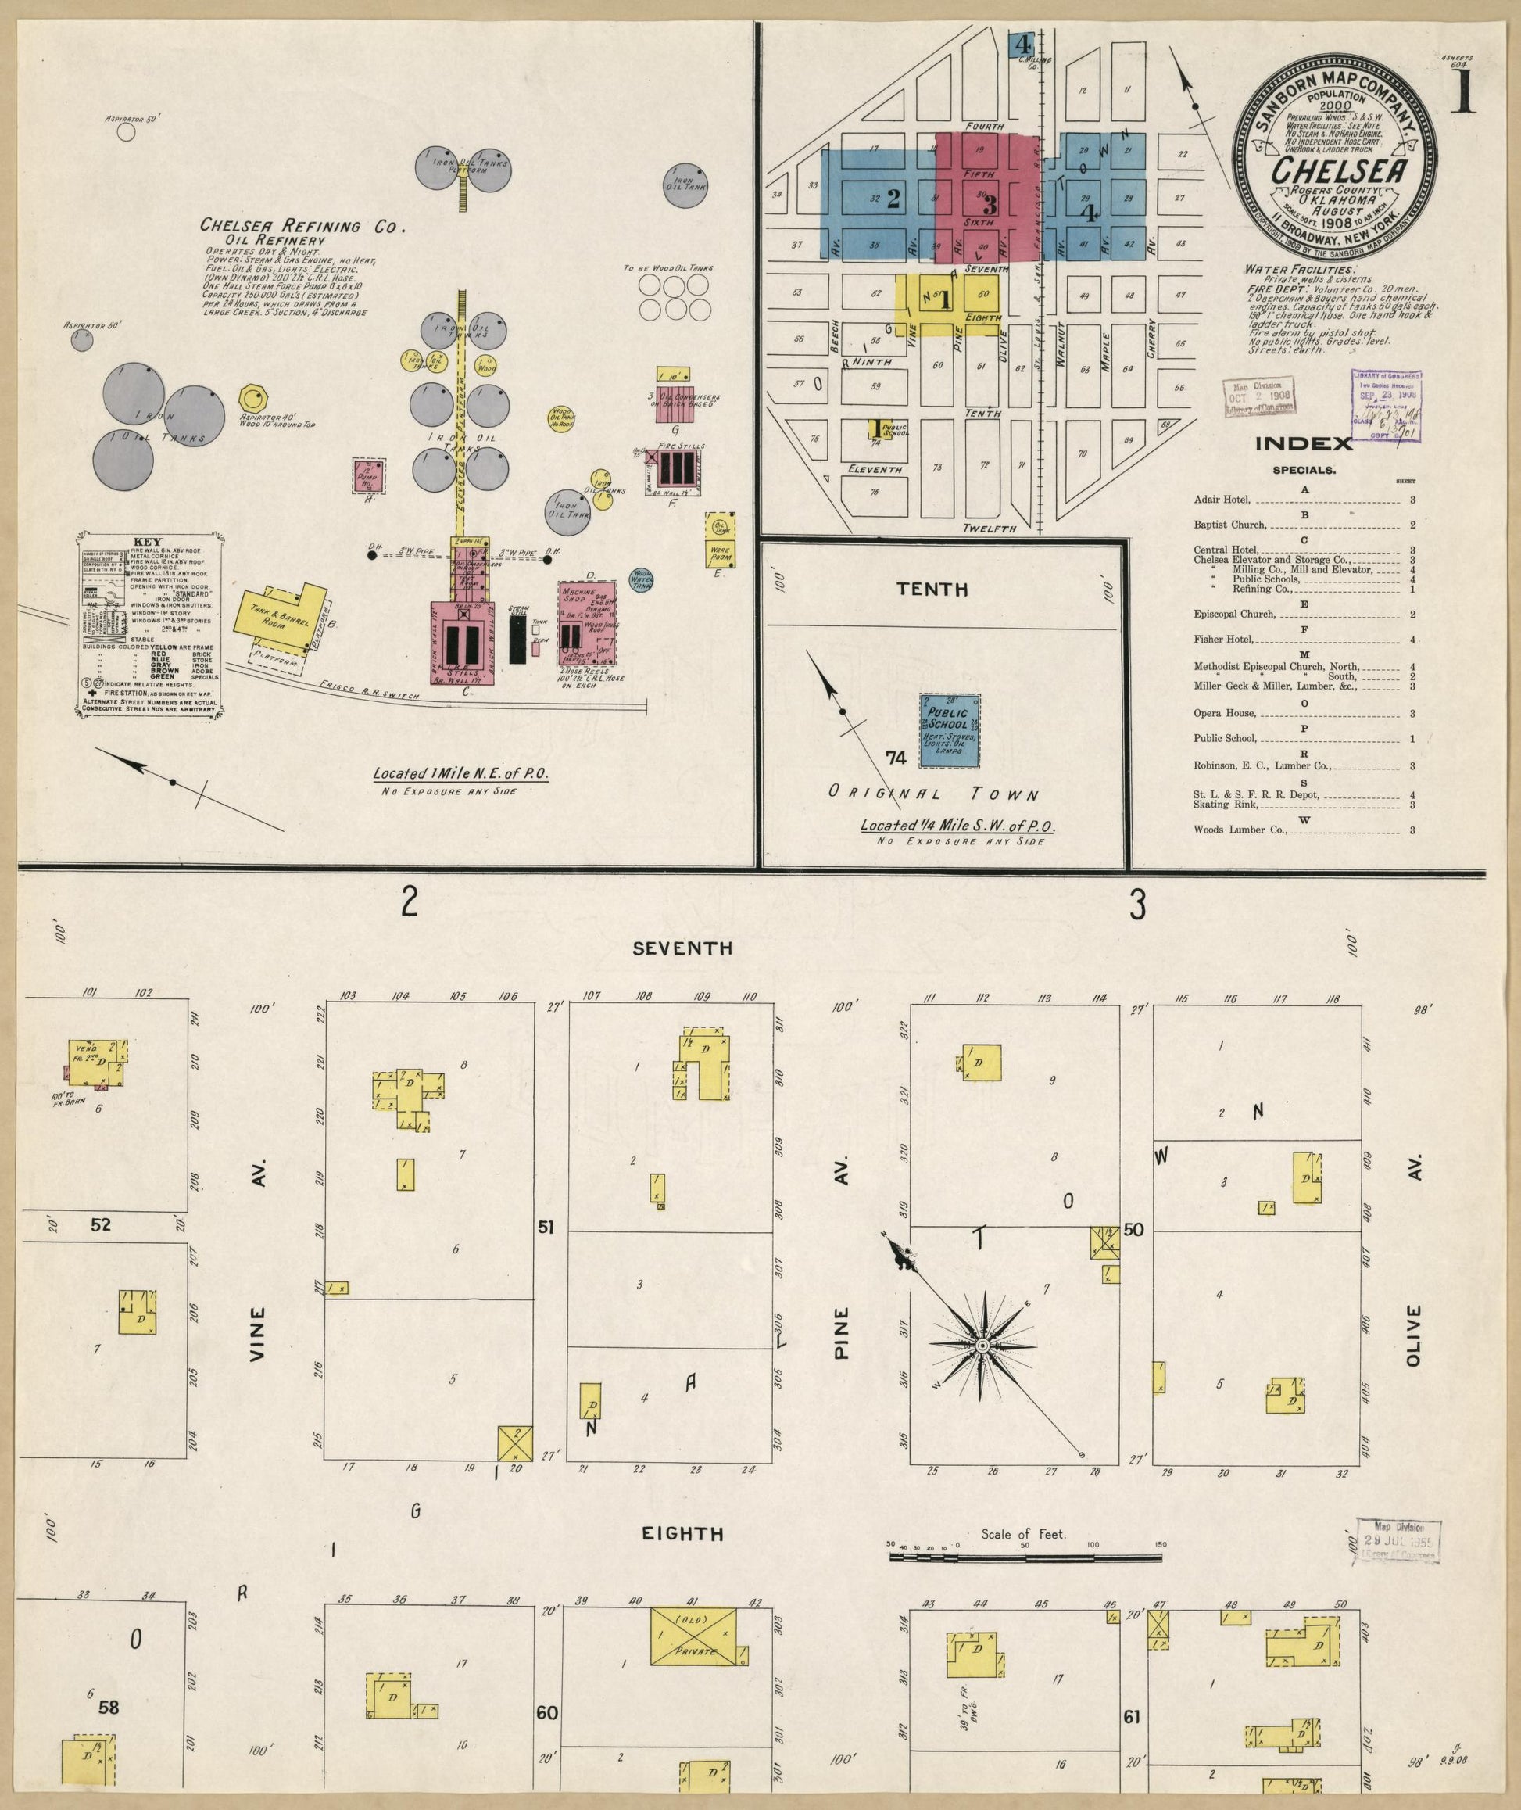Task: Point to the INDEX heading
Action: (x=1303, y=444)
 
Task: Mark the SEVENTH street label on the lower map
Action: (x=682, y=948)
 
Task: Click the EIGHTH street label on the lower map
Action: (x=682, y=1558)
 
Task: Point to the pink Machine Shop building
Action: (x=589, y=621)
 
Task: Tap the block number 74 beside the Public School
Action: (x=896, y=757)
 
